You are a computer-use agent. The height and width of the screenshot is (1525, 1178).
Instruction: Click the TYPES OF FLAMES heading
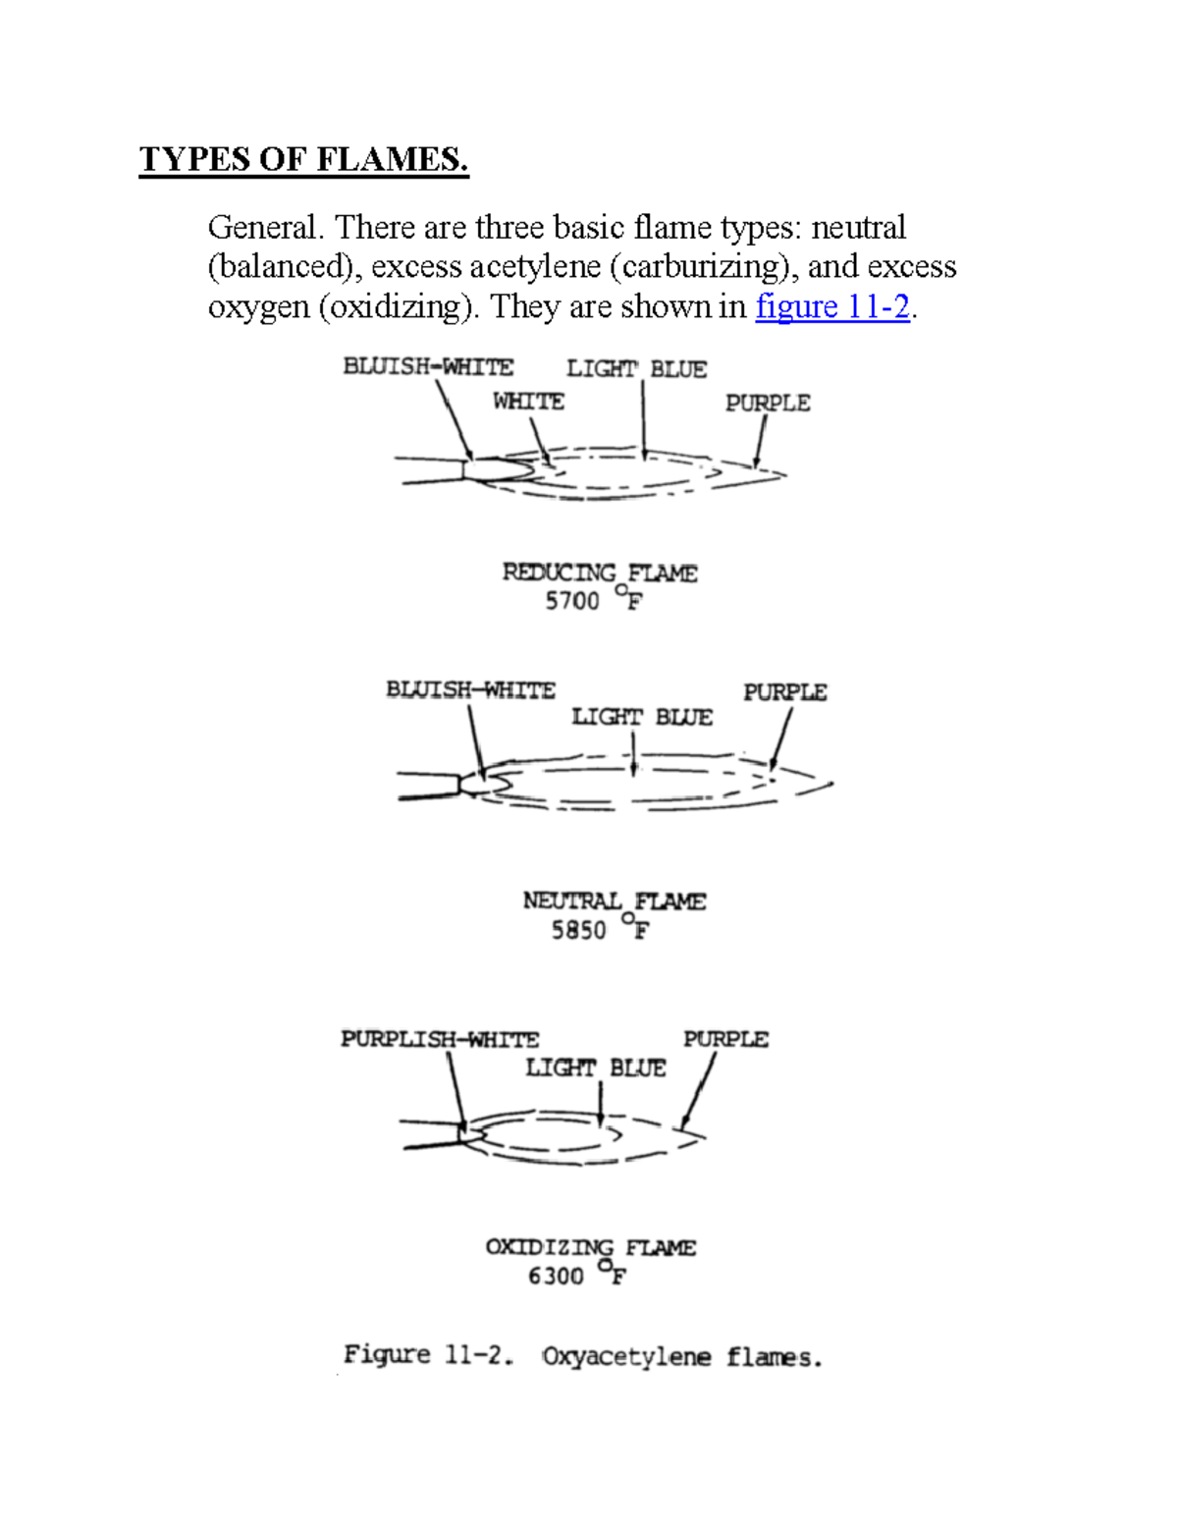pos(304,159)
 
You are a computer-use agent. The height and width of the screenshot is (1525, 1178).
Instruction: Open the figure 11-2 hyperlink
pos(832,306)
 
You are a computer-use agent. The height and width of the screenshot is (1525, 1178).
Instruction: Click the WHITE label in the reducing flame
pos(528,402)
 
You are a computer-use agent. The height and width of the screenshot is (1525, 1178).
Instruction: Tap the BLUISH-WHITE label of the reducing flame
pos(428,367)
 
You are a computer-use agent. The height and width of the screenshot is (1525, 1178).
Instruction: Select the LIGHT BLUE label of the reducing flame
pos(636,369)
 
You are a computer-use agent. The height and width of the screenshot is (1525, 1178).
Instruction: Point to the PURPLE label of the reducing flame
pos(768,403)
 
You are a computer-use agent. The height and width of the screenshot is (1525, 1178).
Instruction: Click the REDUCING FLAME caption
pos(600,572)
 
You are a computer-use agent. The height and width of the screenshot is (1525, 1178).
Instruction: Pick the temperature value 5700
pos(572,601)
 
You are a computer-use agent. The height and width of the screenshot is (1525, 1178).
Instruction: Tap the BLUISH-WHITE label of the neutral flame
pos(470,690)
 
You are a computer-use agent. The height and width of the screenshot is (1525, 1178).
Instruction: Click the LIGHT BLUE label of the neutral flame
pos(642,718)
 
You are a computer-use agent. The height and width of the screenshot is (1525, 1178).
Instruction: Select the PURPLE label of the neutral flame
pos(784,692)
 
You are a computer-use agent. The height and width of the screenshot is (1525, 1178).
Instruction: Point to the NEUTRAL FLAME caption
pos(614,900)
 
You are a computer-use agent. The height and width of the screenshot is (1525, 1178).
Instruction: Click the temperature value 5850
pos(578,929)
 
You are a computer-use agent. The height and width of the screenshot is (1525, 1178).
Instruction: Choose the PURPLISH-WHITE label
pos(440,1039)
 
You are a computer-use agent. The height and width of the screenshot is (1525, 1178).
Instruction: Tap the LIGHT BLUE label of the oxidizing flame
pos(595,1067)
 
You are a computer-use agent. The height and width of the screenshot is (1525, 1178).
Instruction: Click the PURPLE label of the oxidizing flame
pos(725,1039)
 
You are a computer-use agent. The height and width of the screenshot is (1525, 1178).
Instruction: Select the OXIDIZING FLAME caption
pos(590,1247)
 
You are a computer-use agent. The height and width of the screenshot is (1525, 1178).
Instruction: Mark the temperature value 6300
pos(556,1276)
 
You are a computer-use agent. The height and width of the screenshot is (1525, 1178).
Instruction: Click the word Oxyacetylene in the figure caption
pos(626,1357)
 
